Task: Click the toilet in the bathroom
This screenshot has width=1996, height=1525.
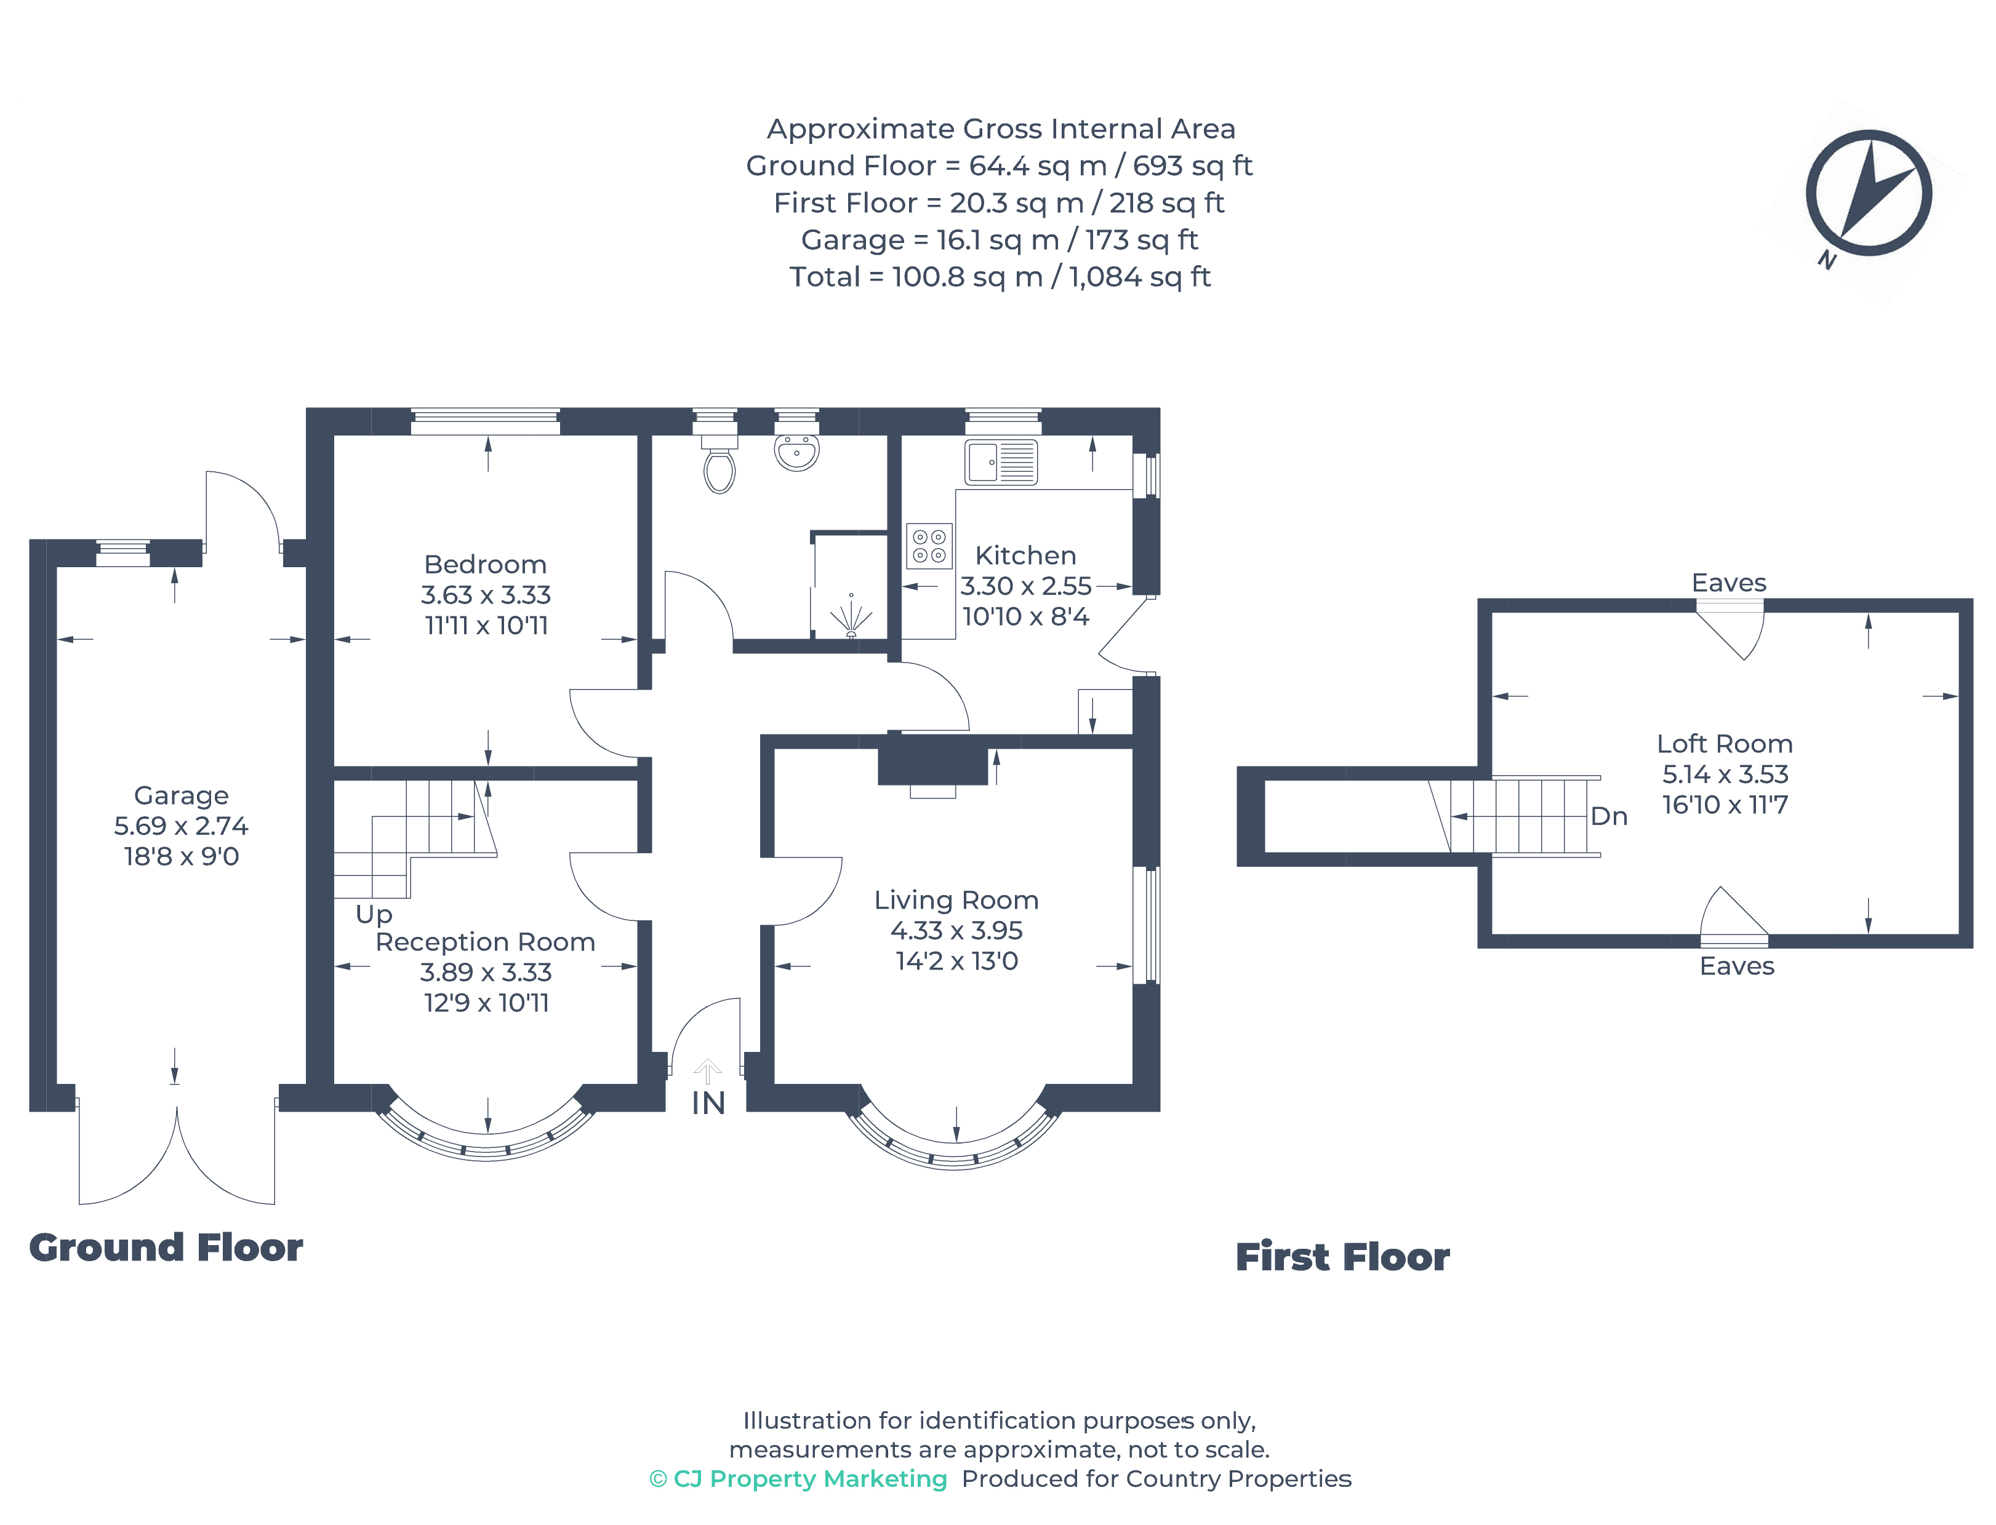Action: point(719,468)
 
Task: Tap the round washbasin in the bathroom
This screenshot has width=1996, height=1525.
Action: point(796,451)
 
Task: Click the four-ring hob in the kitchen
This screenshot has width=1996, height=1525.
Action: point(929,546)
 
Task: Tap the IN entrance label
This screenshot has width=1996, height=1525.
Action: point(708,1103)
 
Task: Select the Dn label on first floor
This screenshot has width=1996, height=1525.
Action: point(1608,816)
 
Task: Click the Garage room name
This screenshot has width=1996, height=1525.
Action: point(181,795)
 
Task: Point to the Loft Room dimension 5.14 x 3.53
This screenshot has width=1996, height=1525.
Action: point(1725,774)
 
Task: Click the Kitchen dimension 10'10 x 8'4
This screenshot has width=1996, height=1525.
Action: point(1025,616)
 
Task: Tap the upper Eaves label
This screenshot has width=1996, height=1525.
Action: point(1728,583)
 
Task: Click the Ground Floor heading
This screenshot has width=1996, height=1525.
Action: point(166,1247)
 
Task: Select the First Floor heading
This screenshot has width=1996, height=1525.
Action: point(1342,1257)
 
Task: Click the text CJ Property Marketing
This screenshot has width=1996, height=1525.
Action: point(809,1479)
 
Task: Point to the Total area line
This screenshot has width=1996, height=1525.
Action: point(999,277)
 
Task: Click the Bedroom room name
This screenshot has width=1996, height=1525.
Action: point(485,565)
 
